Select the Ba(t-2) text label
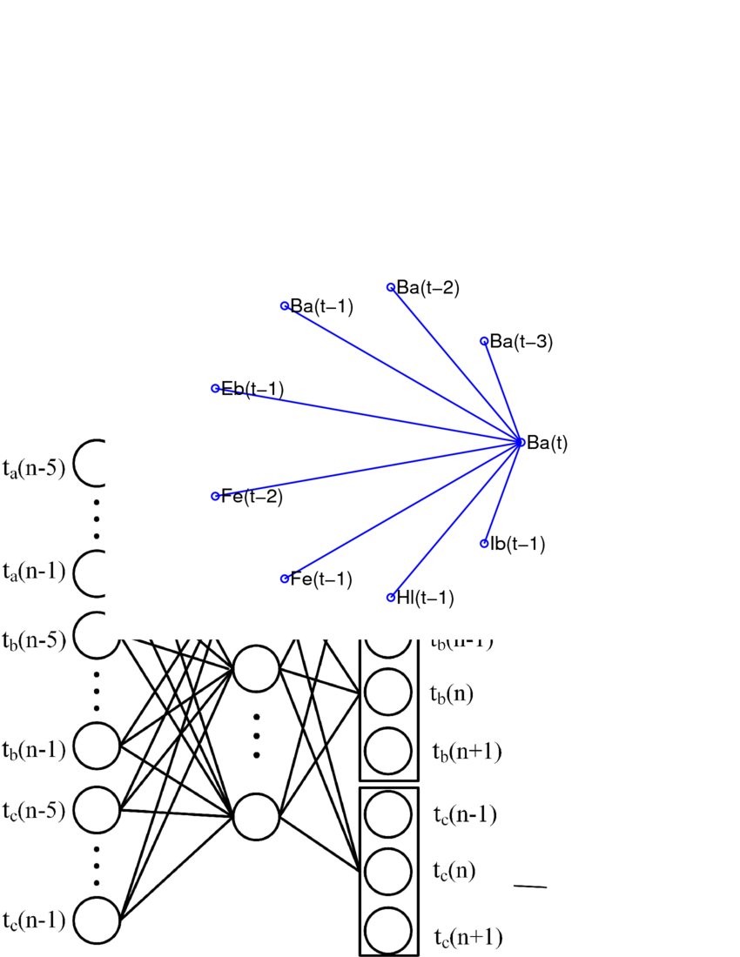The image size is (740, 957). (x=427, y=287)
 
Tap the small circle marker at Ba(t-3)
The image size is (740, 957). (x=485, y=341)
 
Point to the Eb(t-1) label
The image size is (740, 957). (x=252, y=388)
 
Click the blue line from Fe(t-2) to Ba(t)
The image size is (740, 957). (x=366, y=469)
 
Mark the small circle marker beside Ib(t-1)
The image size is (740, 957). (x=485, y=544)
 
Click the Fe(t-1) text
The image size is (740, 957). (x=321, y=579)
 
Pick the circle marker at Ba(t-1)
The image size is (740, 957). (x=285, y=305)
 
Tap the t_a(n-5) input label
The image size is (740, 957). (x=33, y=470)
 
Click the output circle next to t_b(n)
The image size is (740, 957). (x=387, y=693)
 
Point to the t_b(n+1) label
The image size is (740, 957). (x=467, y=751)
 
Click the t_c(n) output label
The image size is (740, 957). (x=454, y=869)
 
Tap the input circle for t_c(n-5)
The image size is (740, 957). (x=96, y=809)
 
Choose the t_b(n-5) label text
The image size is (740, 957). (x=33, y=640)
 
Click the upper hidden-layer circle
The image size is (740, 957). (x=256, y=668)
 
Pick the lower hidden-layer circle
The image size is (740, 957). (x=256, y=816)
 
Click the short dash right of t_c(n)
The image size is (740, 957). (x=530, y=887)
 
